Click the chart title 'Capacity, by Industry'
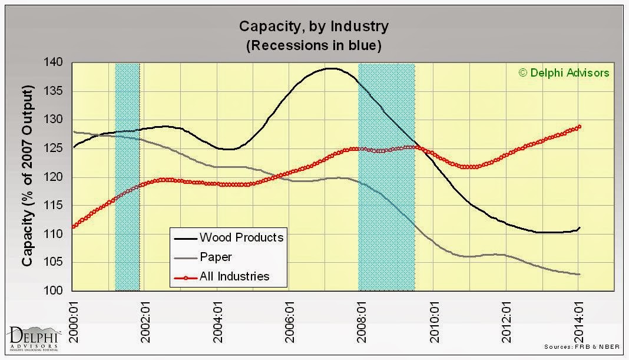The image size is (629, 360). (314, 27)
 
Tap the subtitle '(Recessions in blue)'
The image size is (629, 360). (314, 45)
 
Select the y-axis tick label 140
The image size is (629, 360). (53, 62)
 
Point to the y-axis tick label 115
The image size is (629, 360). (53, 205)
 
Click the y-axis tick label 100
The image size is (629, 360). (53, 290)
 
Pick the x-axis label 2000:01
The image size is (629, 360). (74, 322)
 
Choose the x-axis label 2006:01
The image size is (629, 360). (290, 322)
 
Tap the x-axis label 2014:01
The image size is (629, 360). (579, 322)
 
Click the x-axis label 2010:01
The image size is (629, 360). (435, 322)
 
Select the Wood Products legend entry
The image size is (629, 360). (229, 237)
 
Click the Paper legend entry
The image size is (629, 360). (203, 257)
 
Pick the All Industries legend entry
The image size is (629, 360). (222, 276)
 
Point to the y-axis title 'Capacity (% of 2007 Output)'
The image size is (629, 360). (27, 176)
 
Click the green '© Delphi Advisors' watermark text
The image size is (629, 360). (564, 72)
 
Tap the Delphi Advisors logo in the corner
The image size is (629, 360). (34, 339)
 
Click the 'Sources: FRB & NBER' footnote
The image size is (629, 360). (582, 347)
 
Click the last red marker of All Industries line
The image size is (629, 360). (579, 127)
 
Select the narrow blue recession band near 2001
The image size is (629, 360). (128, 177)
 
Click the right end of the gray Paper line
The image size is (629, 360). (580, 275)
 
